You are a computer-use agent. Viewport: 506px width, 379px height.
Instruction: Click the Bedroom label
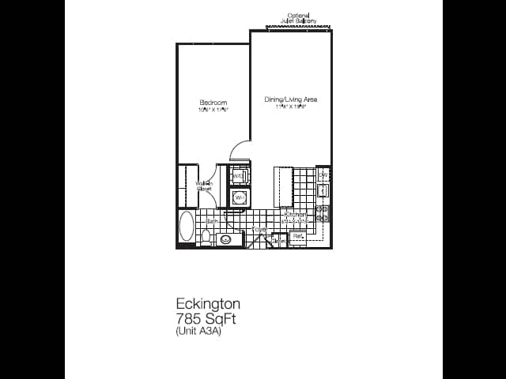click(213, 103)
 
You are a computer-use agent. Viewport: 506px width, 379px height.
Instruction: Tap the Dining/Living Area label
click(291, 99)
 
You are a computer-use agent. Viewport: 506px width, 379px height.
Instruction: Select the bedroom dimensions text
click(213, 110)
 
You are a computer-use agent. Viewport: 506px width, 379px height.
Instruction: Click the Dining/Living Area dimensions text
click(291, 107)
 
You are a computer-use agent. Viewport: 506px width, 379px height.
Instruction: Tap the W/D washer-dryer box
click(240, 175)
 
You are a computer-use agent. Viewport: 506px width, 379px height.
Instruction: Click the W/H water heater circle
click(240, 197)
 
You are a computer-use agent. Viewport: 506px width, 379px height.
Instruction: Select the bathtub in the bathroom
click(187, 227)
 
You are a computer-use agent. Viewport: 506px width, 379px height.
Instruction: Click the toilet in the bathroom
click(206, 235)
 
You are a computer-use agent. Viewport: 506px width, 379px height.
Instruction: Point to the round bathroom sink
click(225, 238)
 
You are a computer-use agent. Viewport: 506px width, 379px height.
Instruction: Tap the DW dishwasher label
click(323, 174)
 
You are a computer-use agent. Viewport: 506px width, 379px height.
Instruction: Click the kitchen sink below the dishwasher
click(323, 190)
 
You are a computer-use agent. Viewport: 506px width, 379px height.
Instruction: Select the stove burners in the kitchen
click(323, 213)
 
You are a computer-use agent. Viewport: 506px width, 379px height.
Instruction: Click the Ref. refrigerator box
click(298, 235)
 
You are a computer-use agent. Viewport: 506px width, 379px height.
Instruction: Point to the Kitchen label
click(295, 215)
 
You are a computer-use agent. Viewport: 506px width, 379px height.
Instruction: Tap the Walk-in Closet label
click(204, 186)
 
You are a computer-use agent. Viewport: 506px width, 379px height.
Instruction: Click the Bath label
click(212, 221)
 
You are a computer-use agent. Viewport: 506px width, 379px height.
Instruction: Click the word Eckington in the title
click(208, 304)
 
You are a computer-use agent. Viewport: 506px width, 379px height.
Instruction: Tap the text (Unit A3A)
click(198, 332)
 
